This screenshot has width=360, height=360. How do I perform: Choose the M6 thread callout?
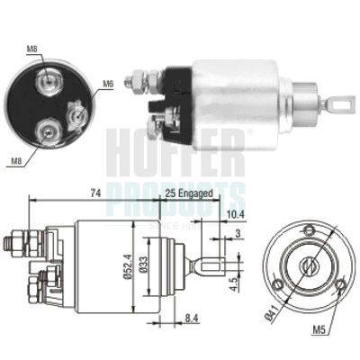(x=108, y=84)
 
